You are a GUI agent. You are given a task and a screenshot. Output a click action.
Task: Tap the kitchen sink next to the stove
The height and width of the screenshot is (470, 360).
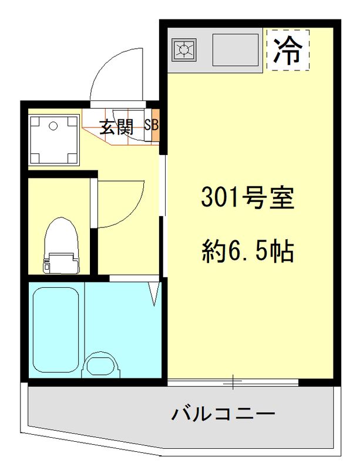[235, 50]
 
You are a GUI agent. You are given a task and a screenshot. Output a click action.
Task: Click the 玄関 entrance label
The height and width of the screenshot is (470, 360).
[115, 127]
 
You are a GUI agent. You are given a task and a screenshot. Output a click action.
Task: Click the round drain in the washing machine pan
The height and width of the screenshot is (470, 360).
[53, 126]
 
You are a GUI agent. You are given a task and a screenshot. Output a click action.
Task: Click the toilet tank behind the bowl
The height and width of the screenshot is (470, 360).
[62, 261]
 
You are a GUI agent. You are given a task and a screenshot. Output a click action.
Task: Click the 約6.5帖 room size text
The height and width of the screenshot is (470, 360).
[247, 251]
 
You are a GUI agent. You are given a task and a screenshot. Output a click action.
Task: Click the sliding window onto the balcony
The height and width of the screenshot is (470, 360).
[234, 382]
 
